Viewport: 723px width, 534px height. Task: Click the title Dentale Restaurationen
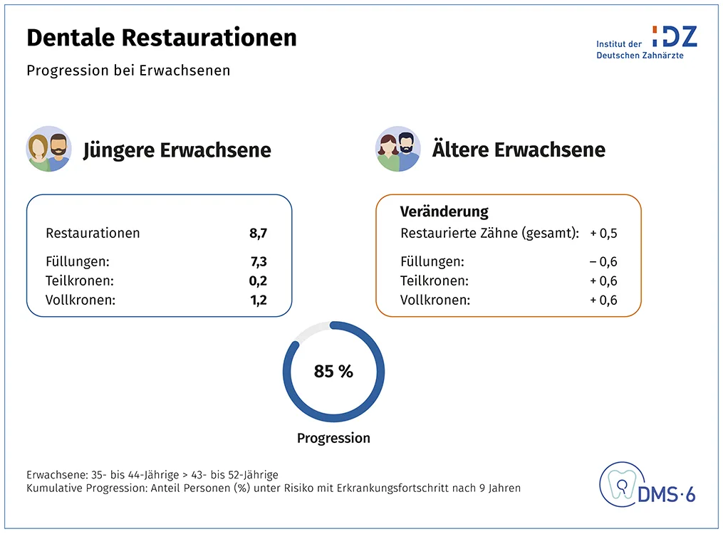coord(162,38)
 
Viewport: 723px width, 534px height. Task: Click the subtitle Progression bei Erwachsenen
coord(128,70)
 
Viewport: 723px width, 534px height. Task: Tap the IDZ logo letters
coord(675,36)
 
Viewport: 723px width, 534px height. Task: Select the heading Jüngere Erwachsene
coord(177,151)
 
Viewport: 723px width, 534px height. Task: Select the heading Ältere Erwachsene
coord(519,150)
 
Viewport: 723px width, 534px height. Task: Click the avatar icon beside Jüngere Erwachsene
coord(48,150)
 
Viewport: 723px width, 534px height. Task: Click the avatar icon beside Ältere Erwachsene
coord(397,150)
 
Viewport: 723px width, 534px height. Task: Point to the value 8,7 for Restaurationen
coord(258,233)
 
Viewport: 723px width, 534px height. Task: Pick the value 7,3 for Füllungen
coord(258,261)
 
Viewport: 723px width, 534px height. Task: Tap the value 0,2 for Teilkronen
coord(258,281)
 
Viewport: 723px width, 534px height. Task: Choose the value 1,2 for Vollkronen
coord(258,300)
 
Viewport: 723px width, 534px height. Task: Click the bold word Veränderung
coord(444,211)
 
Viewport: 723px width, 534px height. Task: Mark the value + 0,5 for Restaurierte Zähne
coord(603,233)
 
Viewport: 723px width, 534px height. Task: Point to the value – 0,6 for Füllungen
coord(603,261)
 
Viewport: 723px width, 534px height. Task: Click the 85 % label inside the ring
coord(333,371)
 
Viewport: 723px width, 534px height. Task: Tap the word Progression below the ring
coord(333,438)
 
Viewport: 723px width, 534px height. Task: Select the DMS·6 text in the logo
coord(666,493)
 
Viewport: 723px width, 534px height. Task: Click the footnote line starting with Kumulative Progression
coord(274,488)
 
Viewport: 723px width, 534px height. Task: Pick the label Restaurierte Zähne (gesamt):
coord(489,233)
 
